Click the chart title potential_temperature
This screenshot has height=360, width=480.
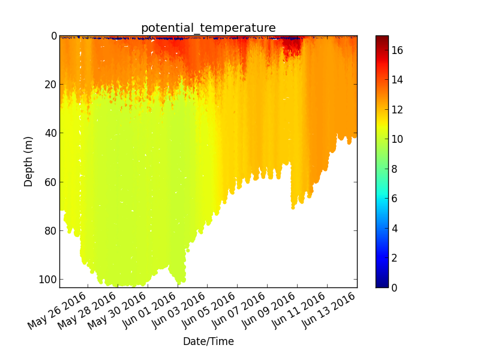(208, 28)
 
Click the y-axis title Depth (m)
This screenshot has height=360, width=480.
(28, 161)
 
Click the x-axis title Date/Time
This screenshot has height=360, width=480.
(208, 341)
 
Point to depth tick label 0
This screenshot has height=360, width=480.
(54, 36)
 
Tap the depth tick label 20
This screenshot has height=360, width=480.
(51, 85)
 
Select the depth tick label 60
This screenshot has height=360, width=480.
(51, 182)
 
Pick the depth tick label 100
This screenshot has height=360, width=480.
(48, 280)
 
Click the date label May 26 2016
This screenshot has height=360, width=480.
(57, 310)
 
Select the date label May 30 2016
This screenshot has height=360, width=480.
(117, 310)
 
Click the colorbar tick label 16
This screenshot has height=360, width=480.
(397, 50)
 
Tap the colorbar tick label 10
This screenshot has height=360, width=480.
(397, 139)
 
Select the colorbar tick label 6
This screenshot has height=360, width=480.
(394, 199)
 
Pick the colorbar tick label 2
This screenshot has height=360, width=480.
(394, 258)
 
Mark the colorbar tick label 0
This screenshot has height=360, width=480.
(394, 288)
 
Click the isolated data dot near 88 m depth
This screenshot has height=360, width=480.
(188, 250)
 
